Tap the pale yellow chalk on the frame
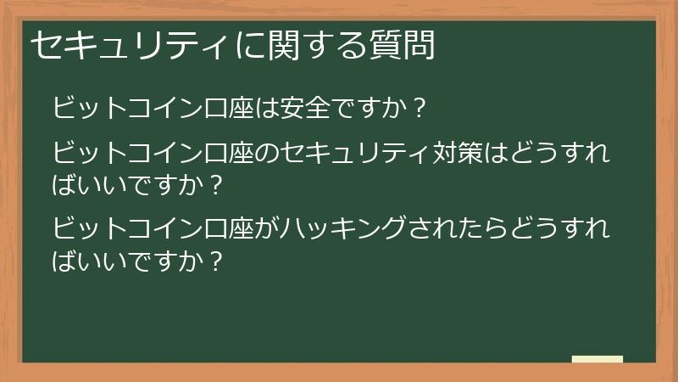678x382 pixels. (x=597, y=359)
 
